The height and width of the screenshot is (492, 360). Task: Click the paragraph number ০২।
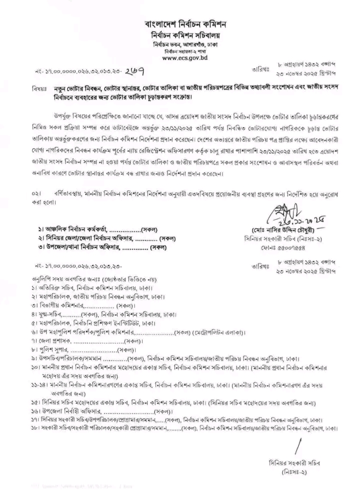click(35, 192)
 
